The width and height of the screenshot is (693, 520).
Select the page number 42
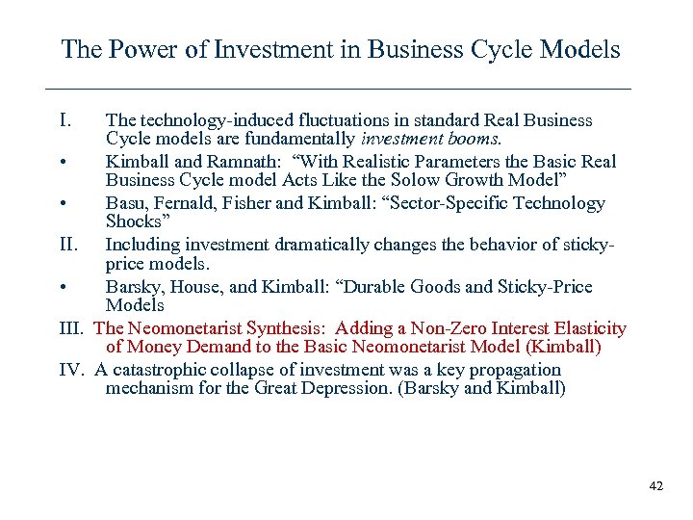[656, 486]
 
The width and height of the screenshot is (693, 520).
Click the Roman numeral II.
[69, 245]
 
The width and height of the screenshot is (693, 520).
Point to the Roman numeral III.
[72, 328]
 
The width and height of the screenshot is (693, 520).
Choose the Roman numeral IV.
[73, 370]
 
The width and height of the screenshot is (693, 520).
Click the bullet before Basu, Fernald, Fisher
[63, 203]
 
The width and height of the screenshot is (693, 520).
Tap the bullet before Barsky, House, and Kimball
[63, 287]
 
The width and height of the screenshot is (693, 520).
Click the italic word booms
[474, 139]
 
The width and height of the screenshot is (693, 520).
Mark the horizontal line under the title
[339, 89]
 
